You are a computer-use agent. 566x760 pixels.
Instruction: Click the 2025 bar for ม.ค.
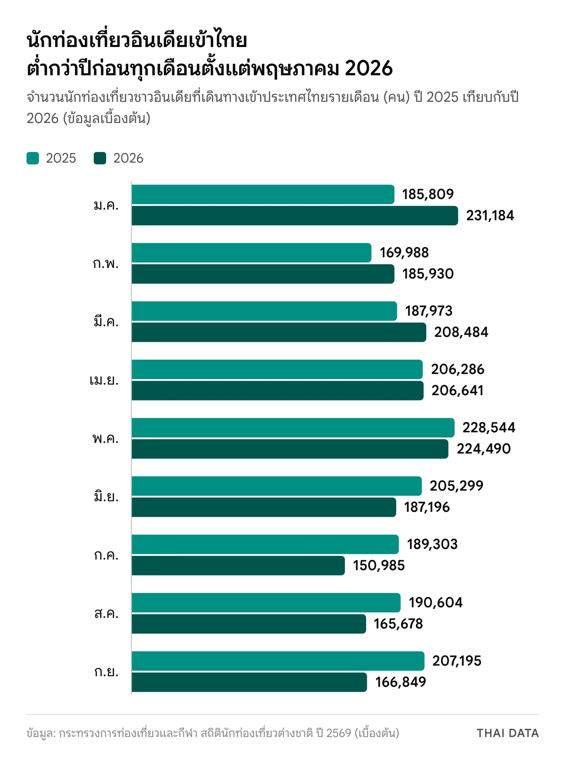point(263,194)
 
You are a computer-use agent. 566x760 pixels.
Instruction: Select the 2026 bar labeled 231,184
point(295,216)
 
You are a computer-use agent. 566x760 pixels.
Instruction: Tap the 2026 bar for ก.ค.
point(238,566)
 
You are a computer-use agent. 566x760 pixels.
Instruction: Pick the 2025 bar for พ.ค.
point(293,428)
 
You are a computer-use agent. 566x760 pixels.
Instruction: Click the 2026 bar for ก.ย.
point(249,682)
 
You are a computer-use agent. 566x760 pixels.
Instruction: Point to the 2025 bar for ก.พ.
point(252,253)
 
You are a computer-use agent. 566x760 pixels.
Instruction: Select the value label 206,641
point(457,391)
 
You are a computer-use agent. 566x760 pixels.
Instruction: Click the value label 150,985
point(379,566)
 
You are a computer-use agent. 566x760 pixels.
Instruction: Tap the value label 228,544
point(489,428)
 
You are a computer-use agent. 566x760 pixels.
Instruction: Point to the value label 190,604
point(436,603)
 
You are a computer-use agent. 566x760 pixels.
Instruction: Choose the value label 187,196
point(427,507)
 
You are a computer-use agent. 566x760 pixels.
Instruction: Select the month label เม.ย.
point(104,380)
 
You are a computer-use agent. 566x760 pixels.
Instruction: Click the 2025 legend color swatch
point(33,158)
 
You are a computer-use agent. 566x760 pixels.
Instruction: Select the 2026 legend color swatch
point(100,158)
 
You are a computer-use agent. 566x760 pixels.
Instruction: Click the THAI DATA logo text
point(508,733)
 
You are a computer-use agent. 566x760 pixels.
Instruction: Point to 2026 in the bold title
point(369,68)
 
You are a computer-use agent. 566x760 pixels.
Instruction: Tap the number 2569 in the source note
point(339,733)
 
